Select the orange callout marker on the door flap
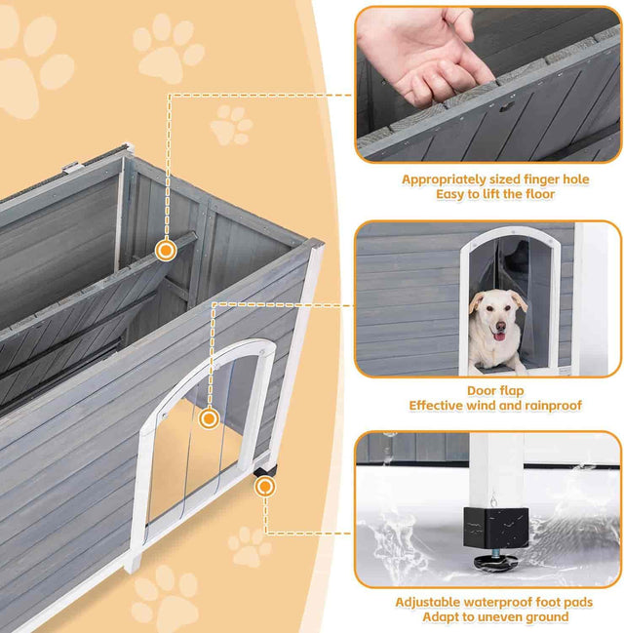pos(208,419)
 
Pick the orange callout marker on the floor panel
pos(166,251)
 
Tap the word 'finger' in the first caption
pos(516,179)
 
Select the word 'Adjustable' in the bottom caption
pos(434,601)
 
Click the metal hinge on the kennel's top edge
pos(72,167)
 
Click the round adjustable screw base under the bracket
pos(495,562)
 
